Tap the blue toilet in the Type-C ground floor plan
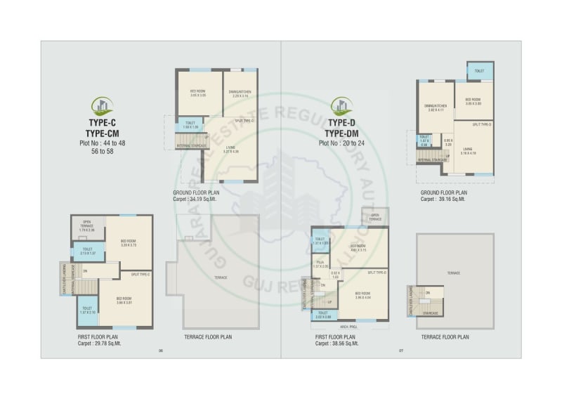tap(190, 124)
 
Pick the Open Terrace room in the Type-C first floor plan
tap(88, 226)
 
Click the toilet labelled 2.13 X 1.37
tap(87, 250)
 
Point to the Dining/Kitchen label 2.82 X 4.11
tap(436, 108)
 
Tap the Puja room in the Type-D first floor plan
tap(320, 266)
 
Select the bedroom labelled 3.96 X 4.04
tap(362, 295)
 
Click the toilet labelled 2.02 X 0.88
tap(324, 316)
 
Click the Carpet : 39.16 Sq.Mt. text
tap(444, 199)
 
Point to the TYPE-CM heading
tap(103, 133)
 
